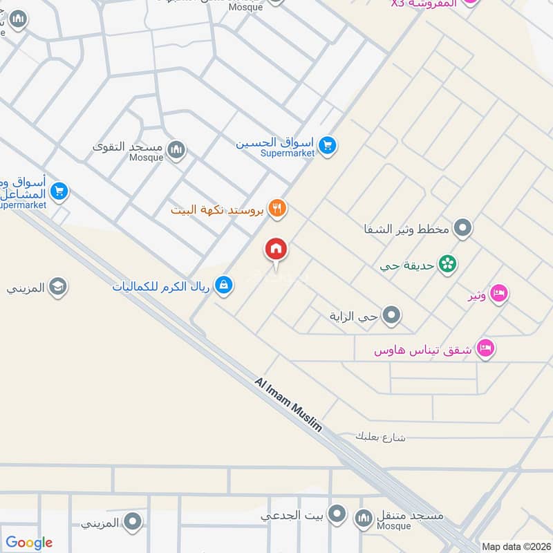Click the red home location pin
click(x=276, y=250)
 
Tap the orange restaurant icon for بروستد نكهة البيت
click(x=277, y=208)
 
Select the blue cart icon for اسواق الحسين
click(x=328, y=145)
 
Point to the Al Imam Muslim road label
click(x=288, y=404)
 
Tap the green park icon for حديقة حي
click(x=448, y=264)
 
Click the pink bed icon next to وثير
click(x=499, y=294)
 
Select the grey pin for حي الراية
click(x=392, y=316)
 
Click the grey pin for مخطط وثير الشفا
click(x=463, y=228)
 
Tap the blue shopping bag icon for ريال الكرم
click(x=223, y=284)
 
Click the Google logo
click(x=29, y=543)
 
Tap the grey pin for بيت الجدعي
click(x=337, y=514)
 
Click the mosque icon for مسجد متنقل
click(x=364, y=518)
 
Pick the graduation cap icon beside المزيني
click(x=58, y=287)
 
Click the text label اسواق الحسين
click(x=275, y=144)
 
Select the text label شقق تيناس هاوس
click(x=422, y=350)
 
